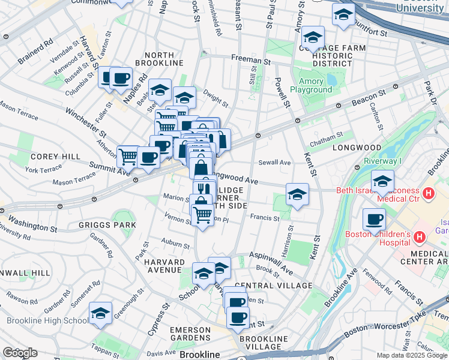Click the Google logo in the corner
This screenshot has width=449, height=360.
pos(19,352)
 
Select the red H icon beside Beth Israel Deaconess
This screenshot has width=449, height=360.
pos(428,194)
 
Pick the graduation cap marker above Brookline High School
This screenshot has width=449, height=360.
pos(101,313)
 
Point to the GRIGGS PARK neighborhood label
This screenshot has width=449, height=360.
pos(107,225)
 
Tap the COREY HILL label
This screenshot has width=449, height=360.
pos(55,157)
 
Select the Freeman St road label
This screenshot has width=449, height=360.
pos(251,60)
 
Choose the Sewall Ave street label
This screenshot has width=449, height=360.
pos(274,163)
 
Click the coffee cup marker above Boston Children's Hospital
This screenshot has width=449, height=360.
pos(375,220)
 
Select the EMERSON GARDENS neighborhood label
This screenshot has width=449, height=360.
pos(190,334)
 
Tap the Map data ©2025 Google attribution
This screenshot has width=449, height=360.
pos(411,355)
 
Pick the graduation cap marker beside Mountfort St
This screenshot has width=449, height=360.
pos(343,14)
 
